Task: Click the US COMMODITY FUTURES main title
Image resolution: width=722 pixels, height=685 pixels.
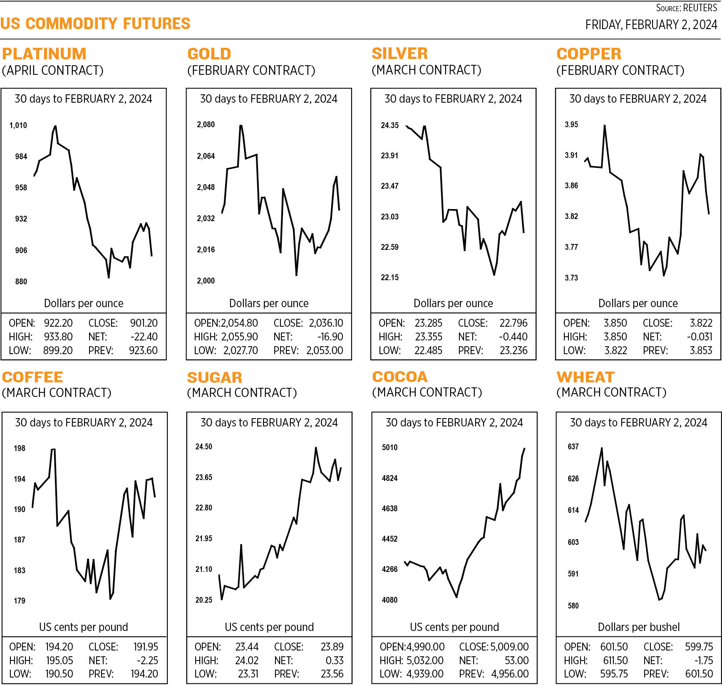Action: [x=95, y=24]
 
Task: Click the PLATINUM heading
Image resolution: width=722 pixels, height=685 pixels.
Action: [x=44, y=54]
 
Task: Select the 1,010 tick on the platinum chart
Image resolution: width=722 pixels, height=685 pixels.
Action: [x=18, y=125]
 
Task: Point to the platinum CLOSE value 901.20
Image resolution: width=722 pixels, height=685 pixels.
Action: [x=144, y=323]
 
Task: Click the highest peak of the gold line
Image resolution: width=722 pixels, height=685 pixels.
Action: [x=241, y=126]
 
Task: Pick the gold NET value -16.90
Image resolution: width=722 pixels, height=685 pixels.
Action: [x=330, y=337]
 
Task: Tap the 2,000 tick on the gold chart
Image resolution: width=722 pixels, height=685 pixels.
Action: [x=206, y=281]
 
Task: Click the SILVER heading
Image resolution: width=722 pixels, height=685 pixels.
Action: [x=399, y=54]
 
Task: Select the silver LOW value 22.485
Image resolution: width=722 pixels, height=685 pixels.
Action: [x=428, y=350]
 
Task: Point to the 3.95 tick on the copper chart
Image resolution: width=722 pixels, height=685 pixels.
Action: [x=571, y=125]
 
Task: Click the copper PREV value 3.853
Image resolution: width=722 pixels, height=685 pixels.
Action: [x=701, y=350]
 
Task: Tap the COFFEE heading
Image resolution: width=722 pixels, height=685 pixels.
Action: [x=32, y=377]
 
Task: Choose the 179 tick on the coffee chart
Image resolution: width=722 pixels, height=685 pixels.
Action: [x=20, y=601]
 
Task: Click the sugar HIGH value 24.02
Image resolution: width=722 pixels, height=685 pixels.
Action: [x=247, y=660]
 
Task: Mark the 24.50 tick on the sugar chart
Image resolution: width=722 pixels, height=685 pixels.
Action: [x=204, y=447]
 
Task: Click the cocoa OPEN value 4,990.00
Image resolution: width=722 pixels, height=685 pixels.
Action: [x=425, y=647]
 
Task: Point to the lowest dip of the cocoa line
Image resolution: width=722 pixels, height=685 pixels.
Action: [x=457, y=597]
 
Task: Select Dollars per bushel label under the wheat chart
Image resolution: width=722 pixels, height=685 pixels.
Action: [x=638, y=627]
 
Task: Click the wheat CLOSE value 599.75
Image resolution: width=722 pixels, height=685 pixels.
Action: [x=699, y=647]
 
